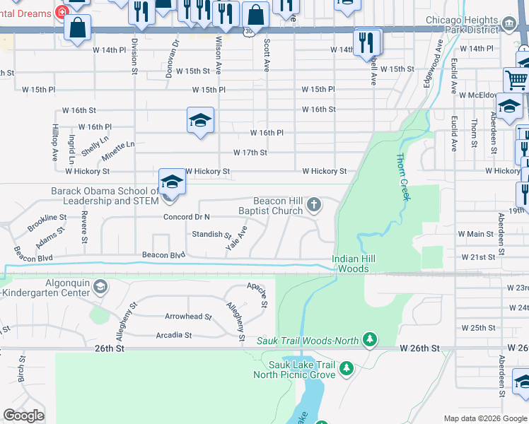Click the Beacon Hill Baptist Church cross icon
pos(314,206)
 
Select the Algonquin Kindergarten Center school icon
pos(100,286)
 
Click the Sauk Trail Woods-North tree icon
pos(368,341)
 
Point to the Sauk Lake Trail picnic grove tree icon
pos(346,368)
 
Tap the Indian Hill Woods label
pos(350,264)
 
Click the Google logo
pos(24,416)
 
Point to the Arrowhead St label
pos(188,317)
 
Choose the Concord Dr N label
pos(187,217)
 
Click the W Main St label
pos(475,234)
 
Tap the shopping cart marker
pos(516,80)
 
